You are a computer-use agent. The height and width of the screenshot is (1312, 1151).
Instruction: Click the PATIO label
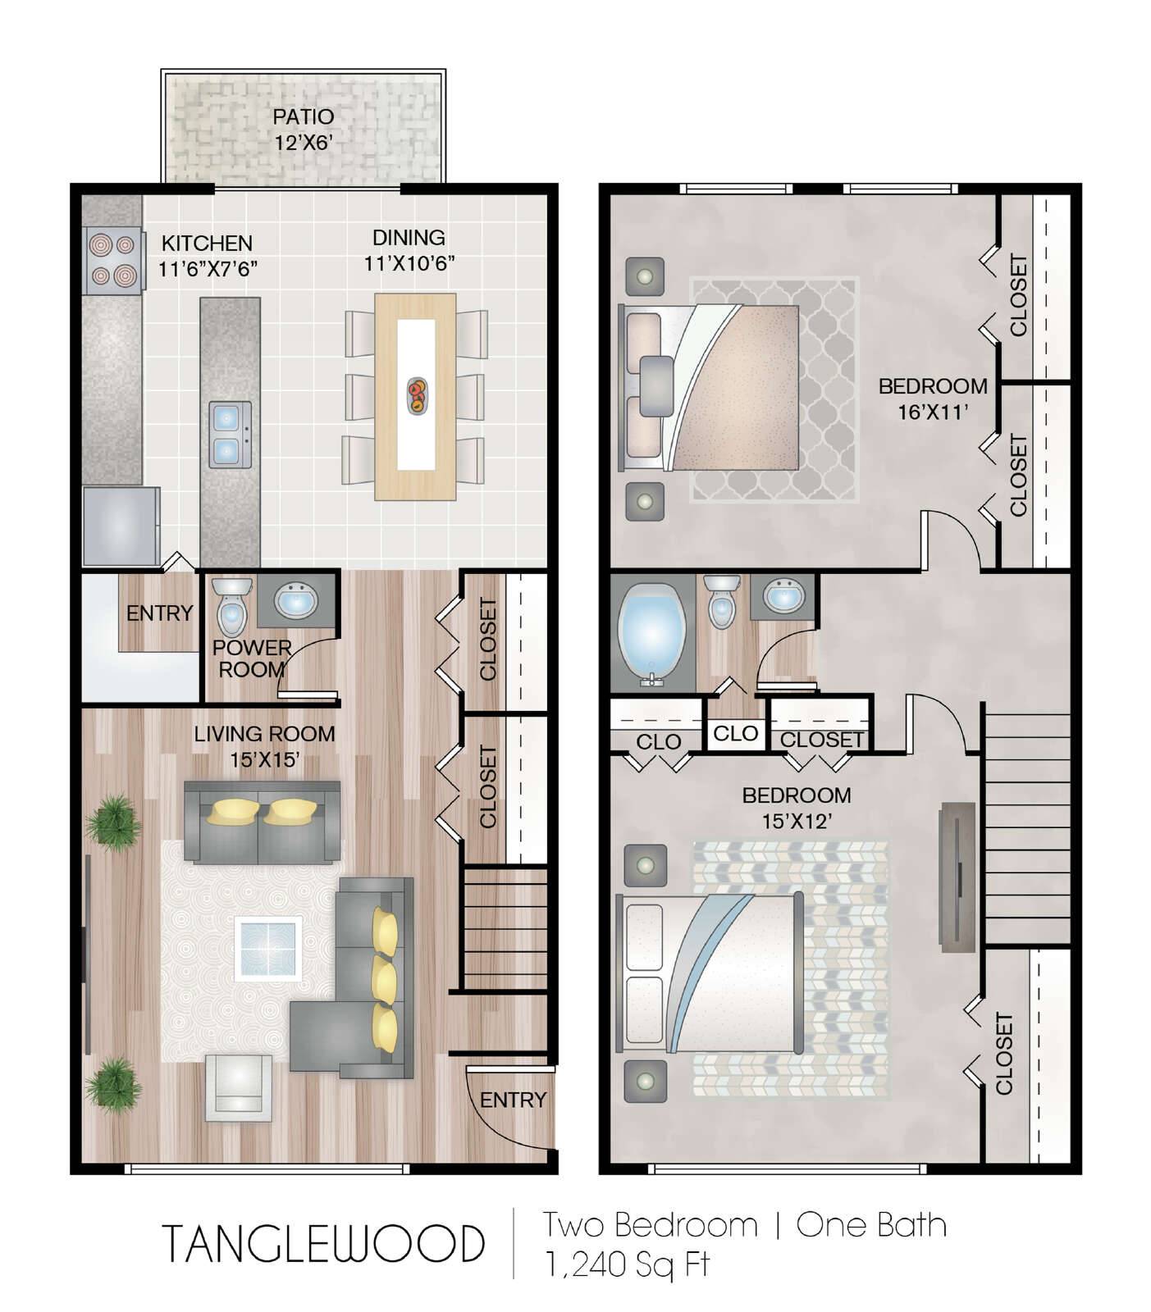pyautogui.click(x=303, y=116)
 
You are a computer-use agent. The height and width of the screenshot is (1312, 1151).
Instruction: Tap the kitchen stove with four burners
pyautogui.click(x=112, y=259)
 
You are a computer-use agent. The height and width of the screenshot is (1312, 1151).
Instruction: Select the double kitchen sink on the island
pyautogui.click(x=229, y=434)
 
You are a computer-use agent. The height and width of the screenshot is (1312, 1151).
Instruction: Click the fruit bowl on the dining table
pyautogui.click(x=417, y=394)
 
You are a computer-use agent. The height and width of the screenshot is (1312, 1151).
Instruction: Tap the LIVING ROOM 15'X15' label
pyautogui.click(x=264, y=746)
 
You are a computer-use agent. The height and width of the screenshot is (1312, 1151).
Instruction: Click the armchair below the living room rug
pyautogui.click(x=238, y=1086)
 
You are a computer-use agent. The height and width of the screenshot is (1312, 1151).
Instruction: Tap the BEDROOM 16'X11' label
pyautogui.click(x=933, y=399)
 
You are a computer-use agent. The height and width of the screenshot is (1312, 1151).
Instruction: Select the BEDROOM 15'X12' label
pyautogui.click(x=797, y=808)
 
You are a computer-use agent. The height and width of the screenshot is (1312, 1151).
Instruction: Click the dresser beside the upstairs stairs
pyautogui.click(x=957, y=877)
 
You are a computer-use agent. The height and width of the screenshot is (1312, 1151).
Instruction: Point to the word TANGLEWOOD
pyautogui.click(x=323, y=1243)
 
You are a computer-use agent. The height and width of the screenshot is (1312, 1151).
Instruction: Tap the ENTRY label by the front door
pyautogui.click(x=513, y=1100)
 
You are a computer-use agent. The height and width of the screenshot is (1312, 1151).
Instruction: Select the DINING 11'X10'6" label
pyautogui.click(x=409, y=250)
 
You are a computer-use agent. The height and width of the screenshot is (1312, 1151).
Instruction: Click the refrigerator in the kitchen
pyautogui.click(x=121, y=526)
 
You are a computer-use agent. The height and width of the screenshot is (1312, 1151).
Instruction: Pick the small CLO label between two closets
pyautogui.click(x=735, y=733)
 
